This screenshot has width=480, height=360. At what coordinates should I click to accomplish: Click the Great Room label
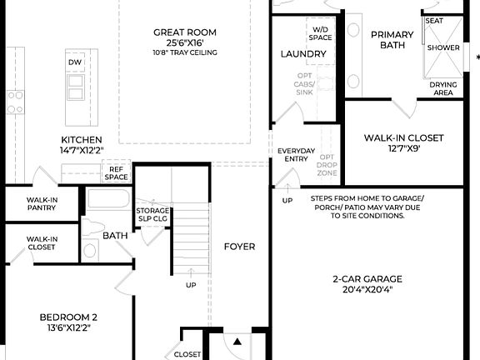pyautogui.click(x=185, y=32)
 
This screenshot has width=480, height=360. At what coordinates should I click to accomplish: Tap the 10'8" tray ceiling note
pyautogui.click(x=185, y=52)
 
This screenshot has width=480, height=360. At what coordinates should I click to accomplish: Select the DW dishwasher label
pyautogui.click(x=75, y=62)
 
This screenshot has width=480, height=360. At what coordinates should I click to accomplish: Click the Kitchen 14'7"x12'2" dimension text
pyautogui.click(x=82, y=151)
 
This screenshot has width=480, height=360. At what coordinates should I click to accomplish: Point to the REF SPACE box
pyautogui.click(x=117, y=172)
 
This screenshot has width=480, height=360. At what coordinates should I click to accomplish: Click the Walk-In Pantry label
pyautogui.click(x=41, y=204)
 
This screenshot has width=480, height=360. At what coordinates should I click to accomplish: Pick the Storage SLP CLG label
pyautogui.click(x=152, y=214)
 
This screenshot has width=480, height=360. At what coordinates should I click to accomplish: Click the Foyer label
pyautogui.click(x=239, y=247)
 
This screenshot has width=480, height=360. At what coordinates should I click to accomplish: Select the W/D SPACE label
pyautogui.click(x=320, y=33)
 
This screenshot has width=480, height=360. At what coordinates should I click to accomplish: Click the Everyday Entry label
pyautogui.click(x=297, y=154)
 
